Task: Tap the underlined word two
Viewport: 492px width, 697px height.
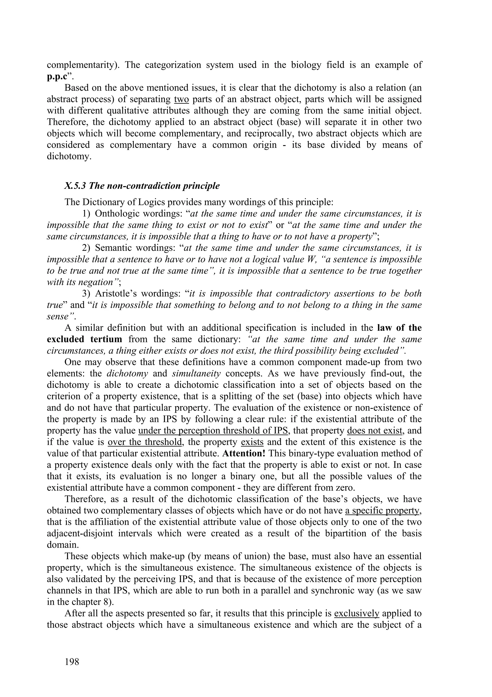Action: [182, 99]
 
